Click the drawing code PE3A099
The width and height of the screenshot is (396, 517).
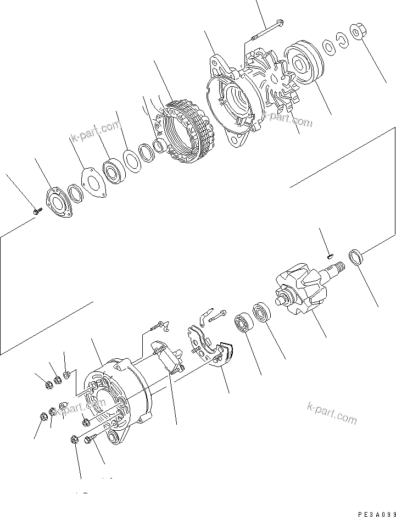376,513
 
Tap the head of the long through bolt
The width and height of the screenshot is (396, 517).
280,23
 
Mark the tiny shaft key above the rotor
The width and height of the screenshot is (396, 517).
329,254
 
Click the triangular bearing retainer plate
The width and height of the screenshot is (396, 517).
91,183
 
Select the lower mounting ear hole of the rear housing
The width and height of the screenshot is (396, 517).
114,437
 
